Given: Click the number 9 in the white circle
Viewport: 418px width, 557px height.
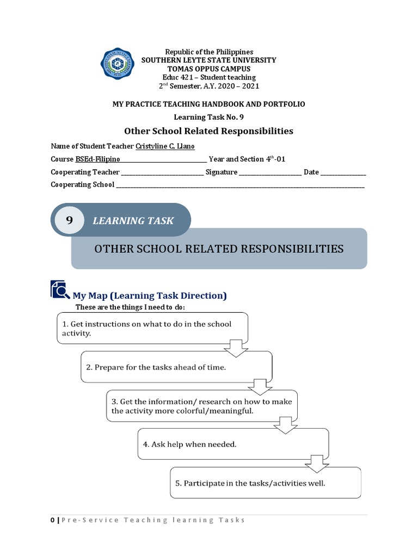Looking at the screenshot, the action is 69,220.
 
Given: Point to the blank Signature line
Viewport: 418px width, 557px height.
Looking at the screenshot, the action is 270,172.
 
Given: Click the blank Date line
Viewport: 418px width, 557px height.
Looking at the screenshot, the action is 343,172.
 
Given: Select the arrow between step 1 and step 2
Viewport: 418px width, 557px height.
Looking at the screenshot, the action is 236,348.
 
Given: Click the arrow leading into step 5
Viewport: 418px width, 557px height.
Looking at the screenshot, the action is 316,463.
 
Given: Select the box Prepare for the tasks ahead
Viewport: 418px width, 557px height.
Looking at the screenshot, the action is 176,367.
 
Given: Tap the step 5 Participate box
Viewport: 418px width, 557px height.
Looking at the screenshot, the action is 266,482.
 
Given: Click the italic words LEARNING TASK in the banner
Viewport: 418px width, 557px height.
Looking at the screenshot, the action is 133,220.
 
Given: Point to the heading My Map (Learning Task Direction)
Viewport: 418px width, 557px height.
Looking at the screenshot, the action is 150,295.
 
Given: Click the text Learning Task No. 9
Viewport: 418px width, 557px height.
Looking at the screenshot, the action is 208,116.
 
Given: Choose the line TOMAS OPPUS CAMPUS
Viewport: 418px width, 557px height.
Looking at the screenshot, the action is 208,69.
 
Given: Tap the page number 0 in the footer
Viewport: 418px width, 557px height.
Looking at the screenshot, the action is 52,520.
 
